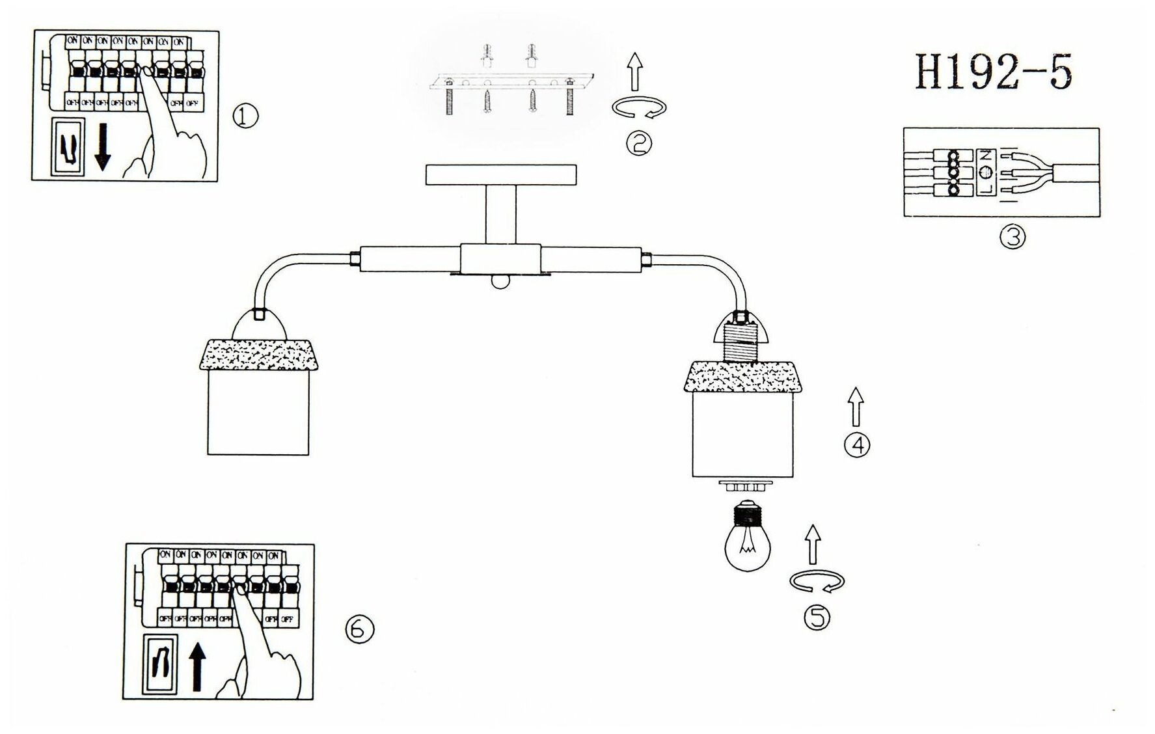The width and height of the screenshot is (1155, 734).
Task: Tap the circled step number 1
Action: tap(245, 117)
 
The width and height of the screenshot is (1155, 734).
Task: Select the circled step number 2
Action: tap(638, 142)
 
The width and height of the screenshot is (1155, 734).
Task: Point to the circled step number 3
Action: tap(1012, 237)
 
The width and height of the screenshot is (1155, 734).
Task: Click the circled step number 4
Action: tap(856, 445)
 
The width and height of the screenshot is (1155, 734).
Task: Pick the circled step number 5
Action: tap(817, 617)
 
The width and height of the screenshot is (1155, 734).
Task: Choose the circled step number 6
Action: tap(360, 629)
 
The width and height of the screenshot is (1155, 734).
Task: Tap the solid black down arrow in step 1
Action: tap(102, 148)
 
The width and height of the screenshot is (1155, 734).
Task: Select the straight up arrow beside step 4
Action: tap(856, 406)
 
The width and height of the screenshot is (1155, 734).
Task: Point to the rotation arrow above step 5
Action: tap(817, 582)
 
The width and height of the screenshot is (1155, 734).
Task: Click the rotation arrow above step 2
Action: tap(639, 108)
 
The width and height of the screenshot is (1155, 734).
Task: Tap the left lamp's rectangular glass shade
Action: tap(258, 413)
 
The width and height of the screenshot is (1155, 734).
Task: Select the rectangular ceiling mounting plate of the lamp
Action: tap(500, 175)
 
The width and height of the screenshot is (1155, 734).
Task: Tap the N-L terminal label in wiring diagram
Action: tap(986, 172)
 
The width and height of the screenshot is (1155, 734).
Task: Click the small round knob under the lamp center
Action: tap(500, 280)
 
